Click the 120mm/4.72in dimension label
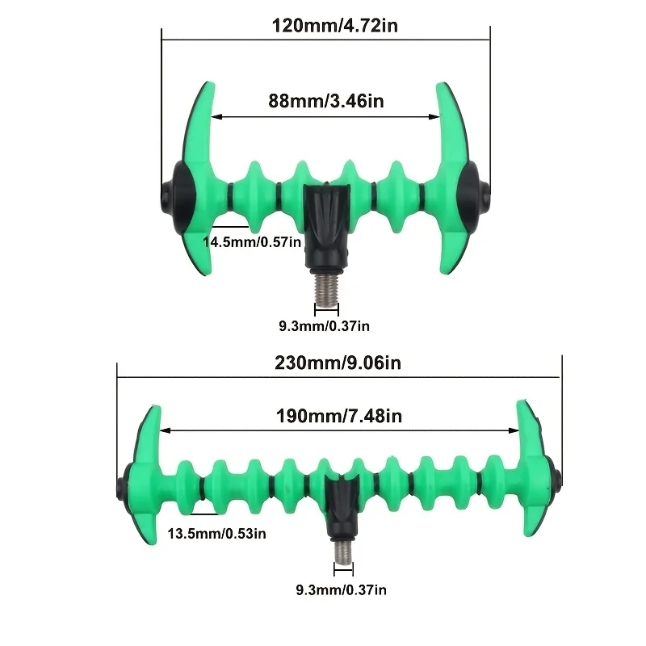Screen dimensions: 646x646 click(335, 26)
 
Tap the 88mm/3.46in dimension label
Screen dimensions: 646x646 click(326, 101)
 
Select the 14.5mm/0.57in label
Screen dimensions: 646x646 click(252, 241)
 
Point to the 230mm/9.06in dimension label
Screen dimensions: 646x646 click(338, 363)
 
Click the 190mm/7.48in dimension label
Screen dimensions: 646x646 click(338, 416)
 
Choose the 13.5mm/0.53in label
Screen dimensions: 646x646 click(216, 534)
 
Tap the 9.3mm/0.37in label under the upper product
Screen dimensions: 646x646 click(325, 326)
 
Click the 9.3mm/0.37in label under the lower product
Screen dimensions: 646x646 click(341, 589)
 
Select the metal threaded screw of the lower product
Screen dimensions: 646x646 click(343, 552)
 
